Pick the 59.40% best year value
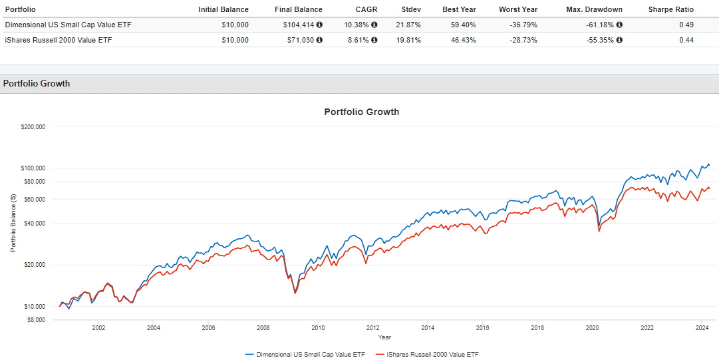pyautogui.click(x=456, y=25)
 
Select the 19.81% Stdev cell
pyautogui.click(x=408, y=40)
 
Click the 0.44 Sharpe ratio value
pyautogui.click(x=686, y=40)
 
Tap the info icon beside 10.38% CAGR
pyautogui.click(x=374, y=25)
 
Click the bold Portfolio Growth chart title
pyautogui.click(x=361, y=112)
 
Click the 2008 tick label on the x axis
pyautogui.click(x=263, y=328)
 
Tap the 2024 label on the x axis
pyautogui.click(x=701, y=328)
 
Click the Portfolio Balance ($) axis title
pyautogui.click(x=13, y=223)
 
